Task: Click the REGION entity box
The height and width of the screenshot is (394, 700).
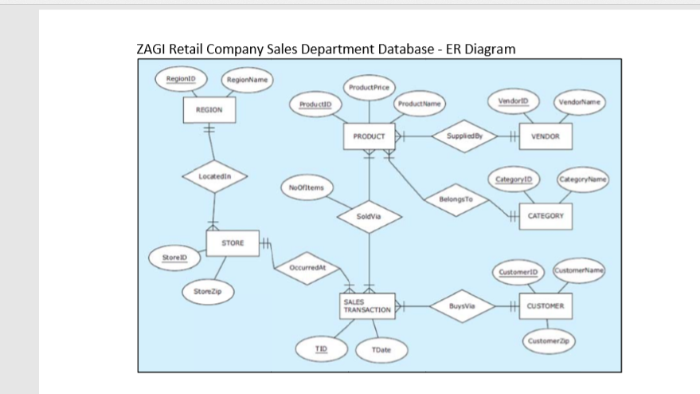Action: coord(209,111)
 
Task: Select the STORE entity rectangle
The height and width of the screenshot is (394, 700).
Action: coord(233,242)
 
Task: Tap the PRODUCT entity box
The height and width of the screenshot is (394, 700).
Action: coord(369,136)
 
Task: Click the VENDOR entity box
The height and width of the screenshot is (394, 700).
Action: coord(546,136)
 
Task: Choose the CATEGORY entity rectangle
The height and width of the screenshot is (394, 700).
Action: coord(546,215)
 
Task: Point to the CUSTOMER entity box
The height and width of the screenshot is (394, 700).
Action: coord(546,305)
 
